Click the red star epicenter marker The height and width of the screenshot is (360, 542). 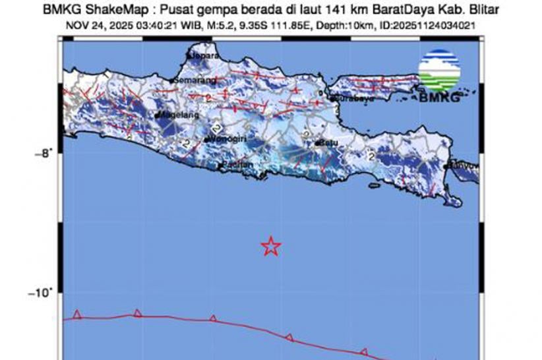click(271, 247)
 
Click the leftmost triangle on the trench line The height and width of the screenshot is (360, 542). click(78, 315)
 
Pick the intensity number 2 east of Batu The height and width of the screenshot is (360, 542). click(371, 156)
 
